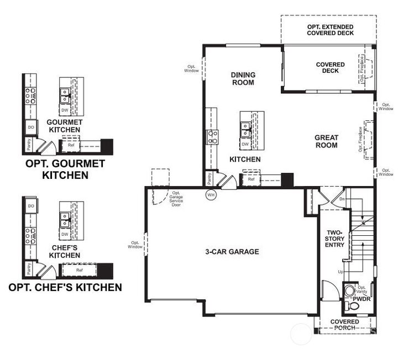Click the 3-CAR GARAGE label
(x=232, y=252)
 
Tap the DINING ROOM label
(x=243, y=79)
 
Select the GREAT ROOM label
(x=326, y=141)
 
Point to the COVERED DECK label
(x=330, y=68)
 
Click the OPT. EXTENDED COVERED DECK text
(x=330, y=30)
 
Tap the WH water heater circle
(x=211, y=195)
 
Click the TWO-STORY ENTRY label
(x=335, y=238)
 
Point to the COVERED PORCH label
(x=344, y=325)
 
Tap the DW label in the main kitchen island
(x=245, y=144)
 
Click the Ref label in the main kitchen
(x=251, y=179)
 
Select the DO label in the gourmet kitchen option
(x=30, y=127)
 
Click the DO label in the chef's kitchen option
(x=30, y=206)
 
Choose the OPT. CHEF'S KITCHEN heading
(x=65, y=288)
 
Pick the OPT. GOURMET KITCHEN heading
(x=65, y=170)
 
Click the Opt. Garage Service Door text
(x=177, y=197)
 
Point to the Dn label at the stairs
(x=342, y=199)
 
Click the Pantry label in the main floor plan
(x=210, y=178)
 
